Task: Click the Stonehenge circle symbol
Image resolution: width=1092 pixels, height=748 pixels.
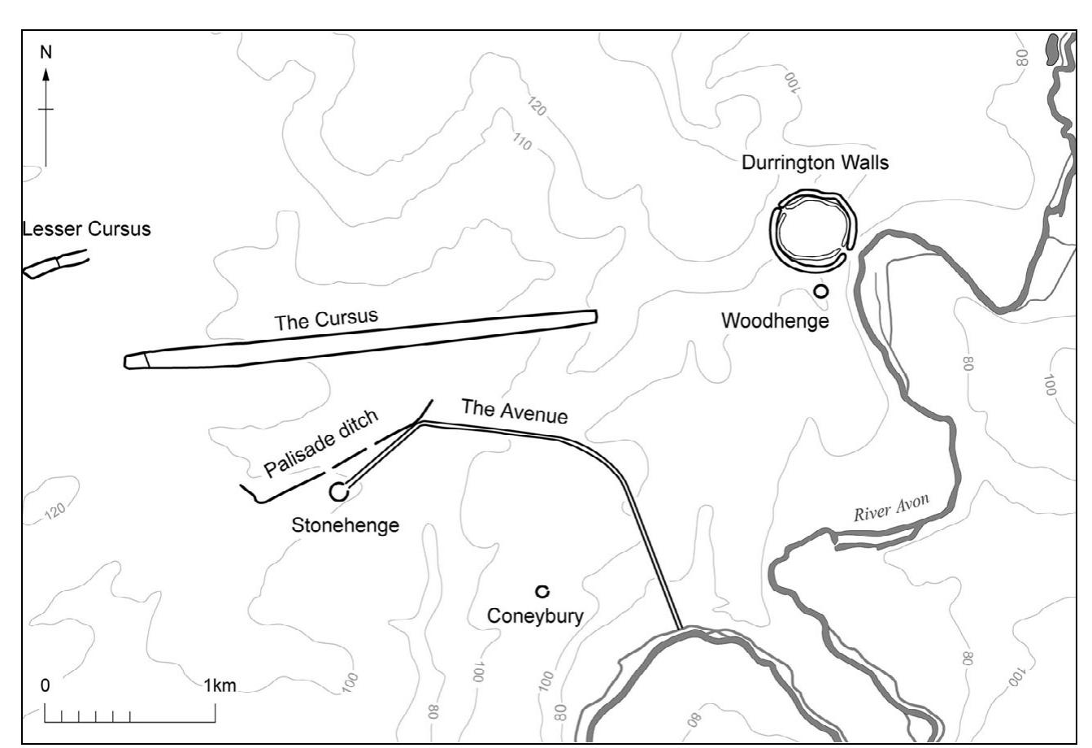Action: click(339, 491)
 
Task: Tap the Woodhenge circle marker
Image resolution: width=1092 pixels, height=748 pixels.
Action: click(821, 291)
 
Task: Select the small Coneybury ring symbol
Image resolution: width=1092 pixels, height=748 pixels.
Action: click(541, 591)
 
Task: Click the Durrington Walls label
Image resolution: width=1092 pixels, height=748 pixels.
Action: click(815, 163)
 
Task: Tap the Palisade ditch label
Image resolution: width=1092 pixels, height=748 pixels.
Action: click(322, 446)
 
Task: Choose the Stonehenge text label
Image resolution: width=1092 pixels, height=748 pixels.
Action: click(346, 525)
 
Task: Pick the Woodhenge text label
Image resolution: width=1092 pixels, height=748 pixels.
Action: click(775, 321)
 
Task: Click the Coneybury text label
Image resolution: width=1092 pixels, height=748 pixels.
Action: click(535, 616)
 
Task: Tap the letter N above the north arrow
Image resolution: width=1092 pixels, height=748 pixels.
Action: click(46, 52)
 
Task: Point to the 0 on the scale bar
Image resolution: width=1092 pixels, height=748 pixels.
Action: click(46, 685)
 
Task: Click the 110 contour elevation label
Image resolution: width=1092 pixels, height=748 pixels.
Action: click(522, 143)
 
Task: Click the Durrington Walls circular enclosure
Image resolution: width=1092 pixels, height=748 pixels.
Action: click(814, 229)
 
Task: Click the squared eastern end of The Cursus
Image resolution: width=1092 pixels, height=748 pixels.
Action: click(593, 316)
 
